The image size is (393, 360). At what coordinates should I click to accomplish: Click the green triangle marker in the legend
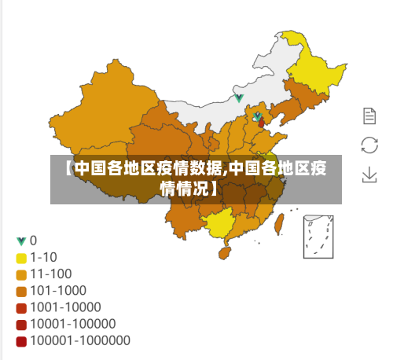point(20,241)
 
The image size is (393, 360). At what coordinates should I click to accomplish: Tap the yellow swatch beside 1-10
point(21,258)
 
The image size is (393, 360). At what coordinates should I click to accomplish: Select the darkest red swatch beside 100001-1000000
point(21,341)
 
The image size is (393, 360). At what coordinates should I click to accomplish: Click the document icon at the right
point(369,116)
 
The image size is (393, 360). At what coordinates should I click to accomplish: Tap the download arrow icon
point(369,174)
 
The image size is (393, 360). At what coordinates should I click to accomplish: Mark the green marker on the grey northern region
point(239,98)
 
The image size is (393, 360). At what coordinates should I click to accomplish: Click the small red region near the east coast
point(262,124)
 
